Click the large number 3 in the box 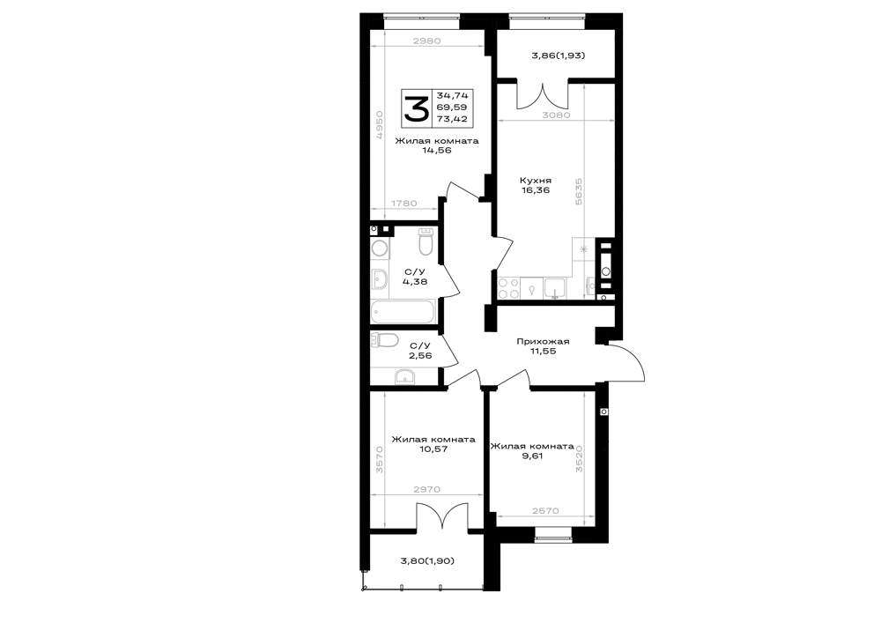coord(417,108)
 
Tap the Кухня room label coord(536,181)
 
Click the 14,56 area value coord(437,151)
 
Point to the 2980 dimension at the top coord(426,41)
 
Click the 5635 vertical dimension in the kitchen coord(579,191)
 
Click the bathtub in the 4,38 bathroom coord(403,312)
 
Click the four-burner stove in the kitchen coord(509,288)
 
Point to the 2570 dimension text coord(545,511)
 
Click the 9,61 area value coord(532,456)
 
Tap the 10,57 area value coord(433,449)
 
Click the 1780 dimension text coord(404,204)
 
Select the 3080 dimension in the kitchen coord(556,115)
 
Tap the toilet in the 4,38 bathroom coord(426,241)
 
